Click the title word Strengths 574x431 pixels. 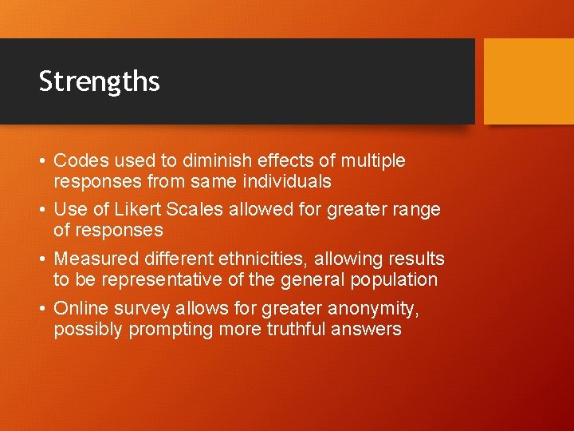coord(99,81)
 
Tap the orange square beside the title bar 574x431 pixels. coord(529,81)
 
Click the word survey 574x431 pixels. coord(140,308)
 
